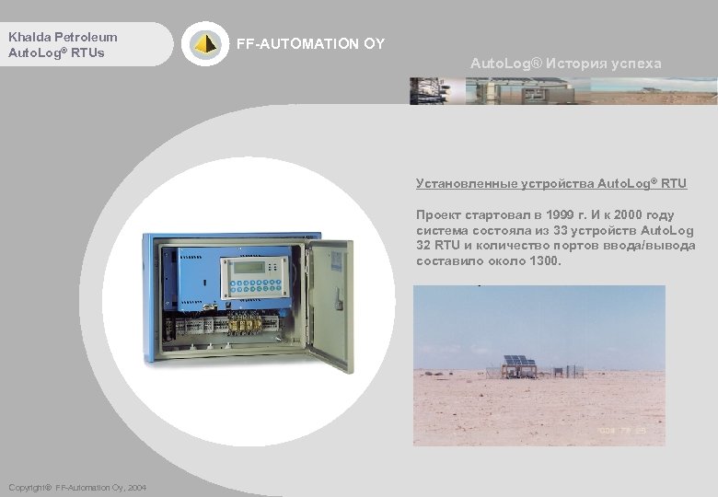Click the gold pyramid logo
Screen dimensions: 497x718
(x=205, y=43)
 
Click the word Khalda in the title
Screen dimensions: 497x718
(x=29, y=37)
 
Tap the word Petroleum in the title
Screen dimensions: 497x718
(x=85, y=37)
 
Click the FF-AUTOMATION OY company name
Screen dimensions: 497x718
(x=311, y=43)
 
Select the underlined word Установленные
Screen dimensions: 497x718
(x=459, y=184)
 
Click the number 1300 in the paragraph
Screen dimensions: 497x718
(x=544, y=260)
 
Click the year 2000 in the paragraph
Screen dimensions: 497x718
(x=631, y=214)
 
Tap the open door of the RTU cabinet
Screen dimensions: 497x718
(x=330, y=304)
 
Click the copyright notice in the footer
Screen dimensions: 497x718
(x=75, y=487)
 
